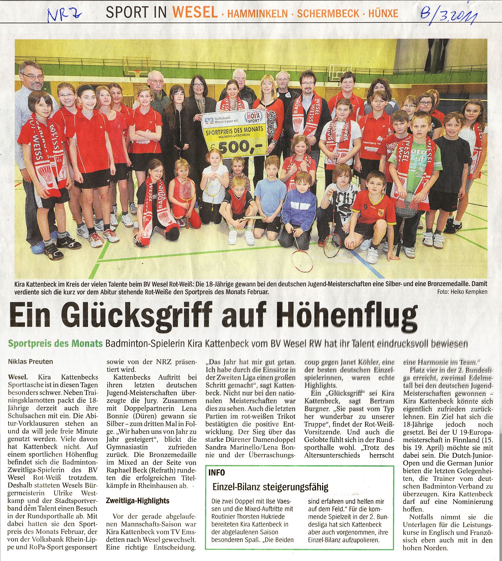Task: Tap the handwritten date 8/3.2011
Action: coord(448,16)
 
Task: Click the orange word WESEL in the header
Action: coord(195,12)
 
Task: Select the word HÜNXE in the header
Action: coord(383,14)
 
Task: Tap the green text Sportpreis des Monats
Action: coord(55,344)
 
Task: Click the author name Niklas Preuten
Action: coord(30,361)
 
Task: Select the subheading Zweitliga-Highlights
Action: coord(138,501)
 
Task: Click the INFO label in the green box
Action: coord(217,473)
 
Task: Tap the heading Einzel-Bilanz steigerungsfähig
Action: coord(270,487)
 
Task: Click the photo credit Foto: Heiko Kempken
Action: coord(462,292)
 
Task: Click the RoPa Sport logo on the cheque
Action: coord(254,117)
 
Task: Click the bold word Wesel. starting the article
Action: coord(17,377)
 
